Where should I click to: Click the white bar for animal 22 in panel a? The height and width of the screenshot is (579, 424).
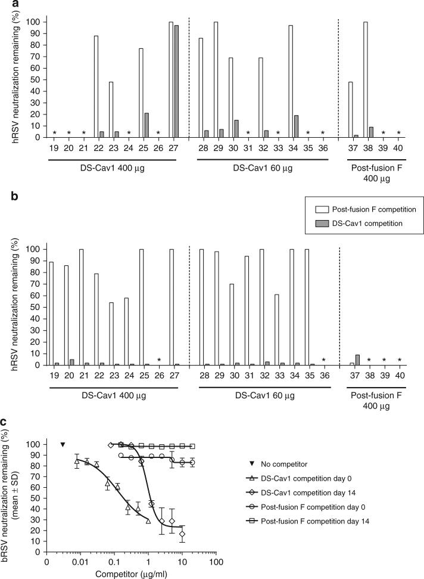click(x=96, y=86)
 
